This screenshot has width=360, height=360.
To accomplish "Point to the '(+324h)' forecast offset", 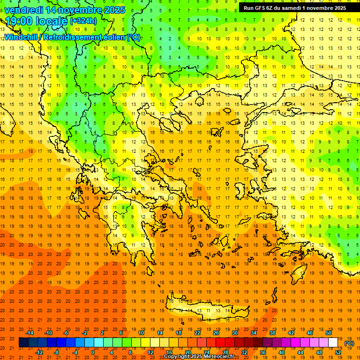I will (x=83, y=21).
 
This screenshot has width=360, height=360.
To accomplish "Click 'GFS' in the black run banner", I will (x=261, y=8).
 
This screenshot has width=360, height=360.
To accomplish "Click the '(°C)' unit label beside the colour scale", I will (x=350, y=344).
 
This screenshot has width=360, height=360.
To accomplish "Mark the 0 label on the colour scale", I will (x=93, y=352).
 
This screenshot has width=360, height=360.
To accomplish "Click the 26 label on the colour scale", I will (x=216, y=333).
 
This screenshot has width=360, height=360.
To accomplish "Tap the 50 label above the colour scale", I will (x=328, y=333).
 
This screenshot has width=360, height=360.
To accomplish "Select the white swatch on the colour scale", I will (x=333, y=343).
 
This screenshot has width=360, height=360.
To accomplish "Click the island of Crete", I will (x=216, y=309).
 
